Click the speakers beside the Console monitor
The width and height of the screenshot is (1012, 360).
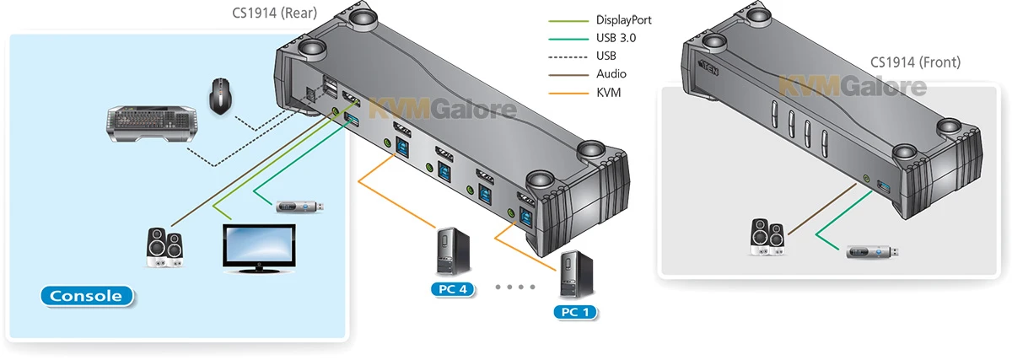click(165, 247)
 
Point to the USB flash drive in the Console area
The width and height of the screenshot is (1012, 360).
click(299, 206)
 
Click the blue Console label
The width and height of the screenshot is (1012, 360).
click(87, 296)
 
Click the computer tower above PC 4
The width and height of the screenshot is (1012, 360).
click(449, 250)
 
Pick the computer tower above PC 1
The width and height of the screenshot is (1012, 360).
click(573, 271)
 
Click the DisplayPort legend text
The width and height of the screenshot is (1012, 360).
click(623, 19)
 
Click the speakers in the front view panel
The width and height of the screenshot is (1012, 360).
click(770, 237)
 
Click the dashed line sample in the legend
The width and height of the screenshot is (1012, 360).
click(567, 56)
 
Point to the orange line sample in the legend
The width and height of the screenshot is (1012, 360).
click(567, 93)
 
